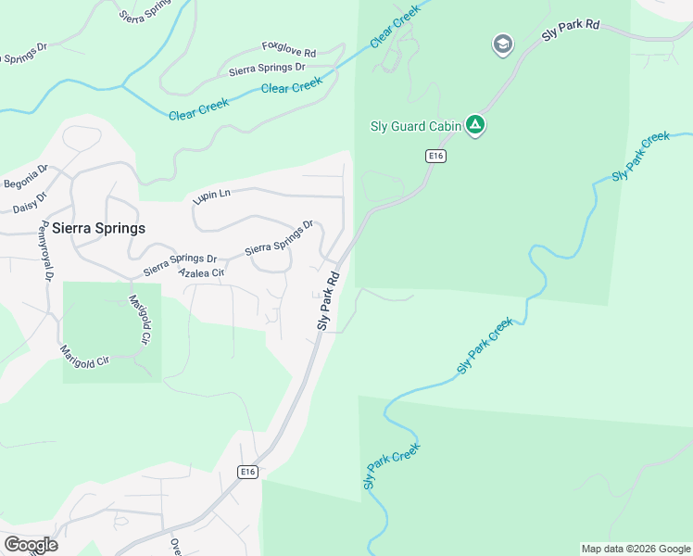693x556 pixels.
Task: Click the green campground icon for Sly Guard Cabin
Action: click(475, 125)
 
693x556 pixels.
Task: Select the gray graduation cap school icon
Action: click(502, 44)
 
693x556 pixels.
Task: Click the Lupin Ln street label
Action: click(211, 196)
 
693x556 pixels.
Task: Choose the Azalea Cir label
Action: click(202, 273)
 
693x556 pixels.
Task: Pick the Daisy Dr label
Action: click(30, 203)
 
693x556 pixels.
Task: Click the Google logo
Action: click(31, 545)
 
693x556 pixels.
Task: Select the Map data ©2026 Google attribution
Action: click(636, 549)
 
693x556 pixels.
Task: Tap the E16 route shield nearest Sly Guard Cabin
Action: click(436, 157)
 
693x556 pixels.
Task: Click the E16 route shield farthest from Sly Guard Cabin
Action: click(246, 472)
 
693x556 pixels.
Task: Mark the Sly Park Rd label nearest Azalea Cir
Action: click(329, 300)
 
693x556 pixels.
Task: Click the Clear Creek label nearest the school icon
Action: click(395, 27)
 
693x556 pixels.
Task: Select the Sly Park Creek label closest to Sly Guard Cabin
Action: click(640, 157)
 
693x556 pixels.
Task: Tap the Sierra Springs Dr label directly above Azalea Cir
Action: click(180, 265)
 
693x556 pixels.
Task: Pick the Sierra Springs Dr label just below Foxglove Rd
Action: click(267, 68)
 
